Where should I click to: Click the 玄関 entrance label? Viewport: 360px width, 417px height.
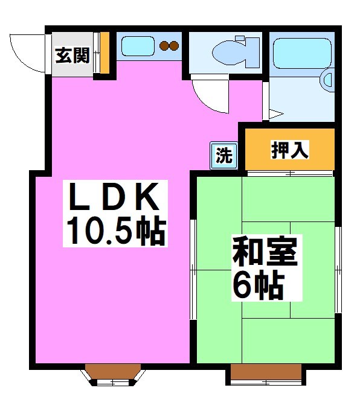(x=73, y=56)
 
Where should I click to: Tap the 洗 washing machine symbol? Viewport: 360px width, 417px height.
(x=224, y=156)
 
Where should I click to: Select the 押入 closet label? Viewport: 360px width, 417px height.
(x=289, y=150)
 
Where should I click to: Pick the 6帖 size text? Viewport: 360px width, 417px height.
(x=257, y=286)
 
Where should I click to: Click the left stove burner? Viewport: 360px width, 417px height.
(x=164, y=45)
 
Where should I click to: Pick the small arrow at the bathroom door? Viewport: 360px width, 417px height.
(x=277, y=113)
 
